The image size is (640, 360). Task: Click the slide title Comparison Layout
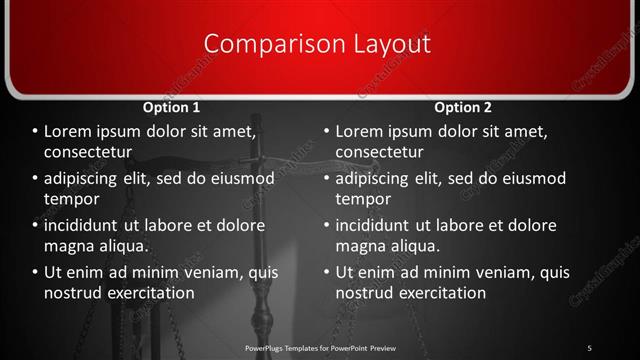click(x=317, y=44)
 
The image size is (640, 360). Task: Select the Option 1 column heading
click(x=171, y=107)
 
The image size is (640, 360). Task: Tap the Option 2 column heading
click(x=463, y=107)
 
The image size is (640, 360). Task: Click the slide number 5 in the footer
click(x=589, y=347)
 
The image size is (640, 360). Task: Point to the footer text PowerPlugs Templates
click(x=290, y=347)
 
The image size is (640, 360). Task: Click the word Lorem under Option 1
click(x=69, y=131)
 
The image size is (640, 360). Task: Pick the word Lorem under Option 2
click(x=360, y=131)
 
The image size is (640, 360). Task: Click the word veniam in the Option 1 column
click(x=208, y=271)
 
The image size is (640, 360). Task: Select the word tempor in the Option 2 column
click(x=364, y=199)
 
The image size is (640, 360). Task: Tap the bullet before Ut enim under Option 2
click(x=326, y=272)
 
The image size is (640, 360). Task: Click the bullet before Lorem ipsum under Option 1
click(x=35, y=132)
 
